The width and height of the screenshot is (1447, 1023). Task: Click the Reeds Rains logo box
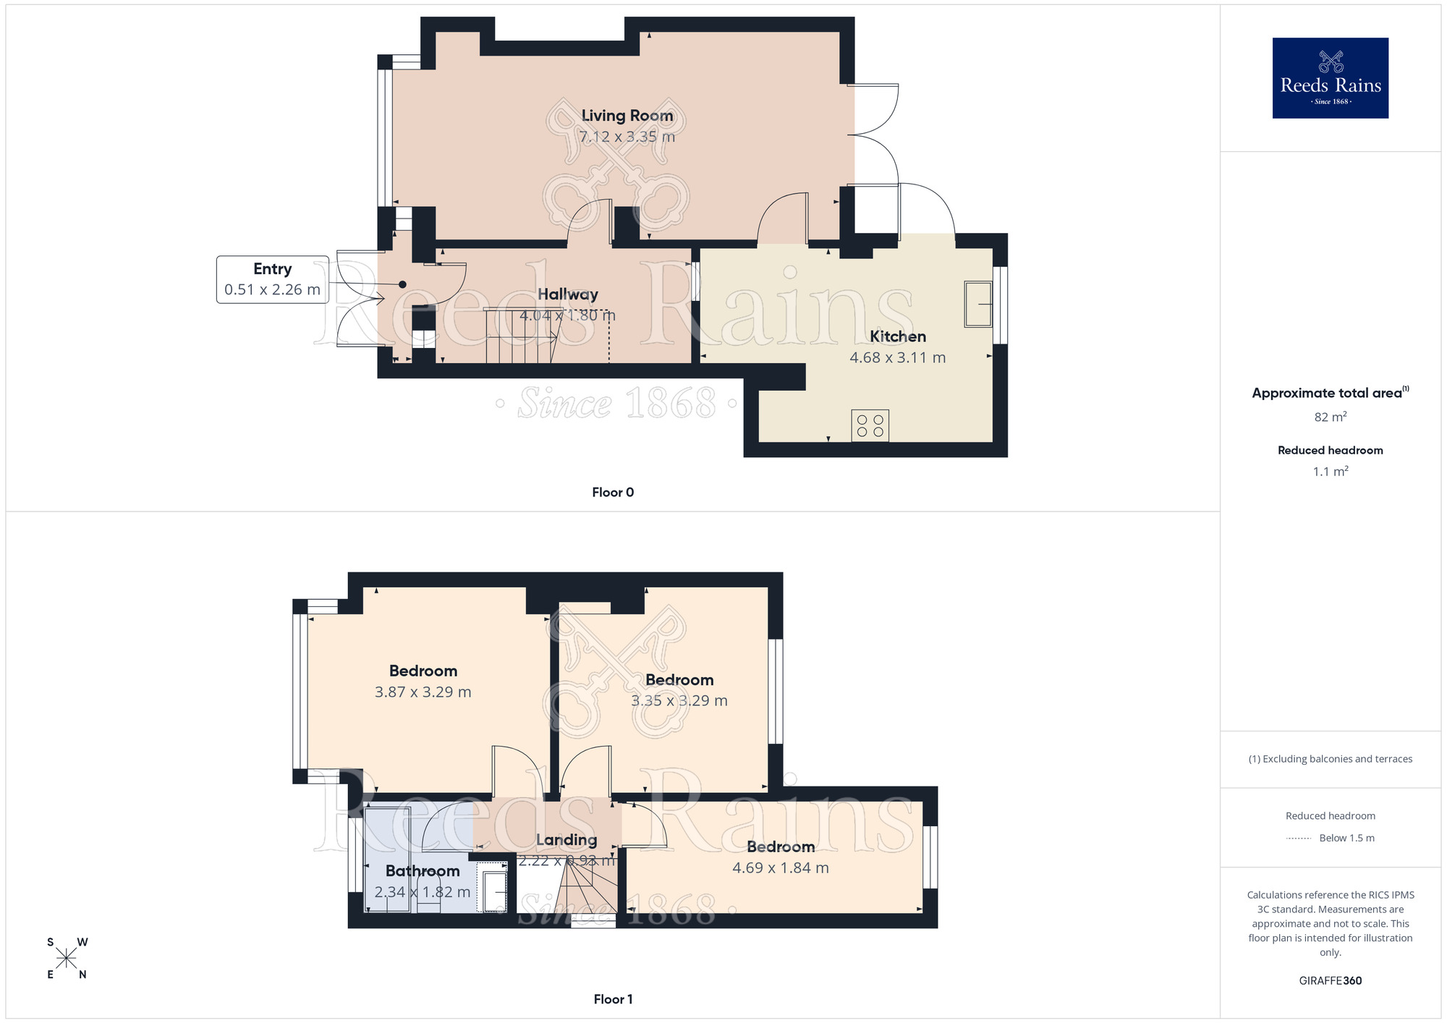tap(1330, 78)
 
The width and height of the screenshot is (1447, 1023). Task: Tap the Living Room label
tap(627, 116)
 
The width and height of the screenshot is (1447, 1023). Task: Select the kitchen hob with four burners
tap(870, 425)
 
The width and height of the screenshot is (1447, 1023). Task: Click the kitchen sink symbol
tap(978, 304)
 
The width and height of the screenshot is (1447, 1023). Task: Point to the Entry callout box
tap(272, 279)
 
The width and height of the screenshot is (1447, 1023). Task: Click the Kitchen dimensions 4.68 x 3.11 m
tap(897, 357)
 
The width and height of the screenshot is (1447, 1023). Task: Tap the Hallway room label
tap(568, 294)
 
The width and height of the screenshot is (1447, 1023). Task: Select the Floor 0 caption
tap(613, 492)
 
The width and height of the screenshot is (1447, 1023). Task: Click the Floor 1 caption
tap(613, 999)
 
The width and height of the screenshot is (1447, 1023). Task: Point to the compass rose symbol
tap(67, 959)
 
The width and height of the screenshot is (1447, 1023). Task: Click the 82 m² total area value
tap(1330, 417)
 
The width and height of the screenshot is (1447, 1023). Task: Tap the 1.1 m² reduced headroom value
tap(1330, 472)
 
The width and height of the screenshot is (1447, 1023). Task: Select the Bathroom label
tap(423, 871)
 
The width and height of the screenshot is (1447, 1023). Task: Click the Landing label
tap(567, 840)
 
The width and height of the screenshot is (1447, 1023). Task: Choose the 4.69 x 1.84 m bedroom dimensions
tap(780, 867)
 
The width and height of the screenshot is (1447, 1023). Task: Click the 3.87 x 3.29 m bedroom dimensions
tap(423, 692)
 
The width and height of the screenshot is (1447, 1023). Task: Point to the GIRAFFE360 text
tap(1330, 981)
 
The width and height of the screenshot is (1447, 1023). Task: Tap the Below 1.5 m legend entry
tap(1346, 838)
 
